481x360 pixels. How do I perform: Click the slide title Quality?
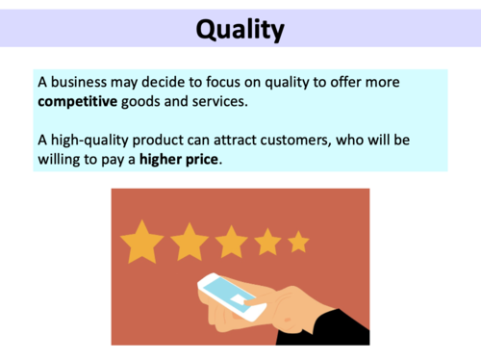(240, 30)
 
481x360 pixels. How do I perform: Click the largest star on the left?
(141, 242)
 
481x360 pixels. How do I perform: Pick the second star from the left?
(189, 242)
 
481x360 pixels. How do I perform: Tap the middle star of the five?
(231, 242)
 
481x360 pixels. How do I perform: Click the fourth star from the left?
(268, 242)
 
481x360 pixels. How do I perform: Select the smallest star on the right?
(299, 242)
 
